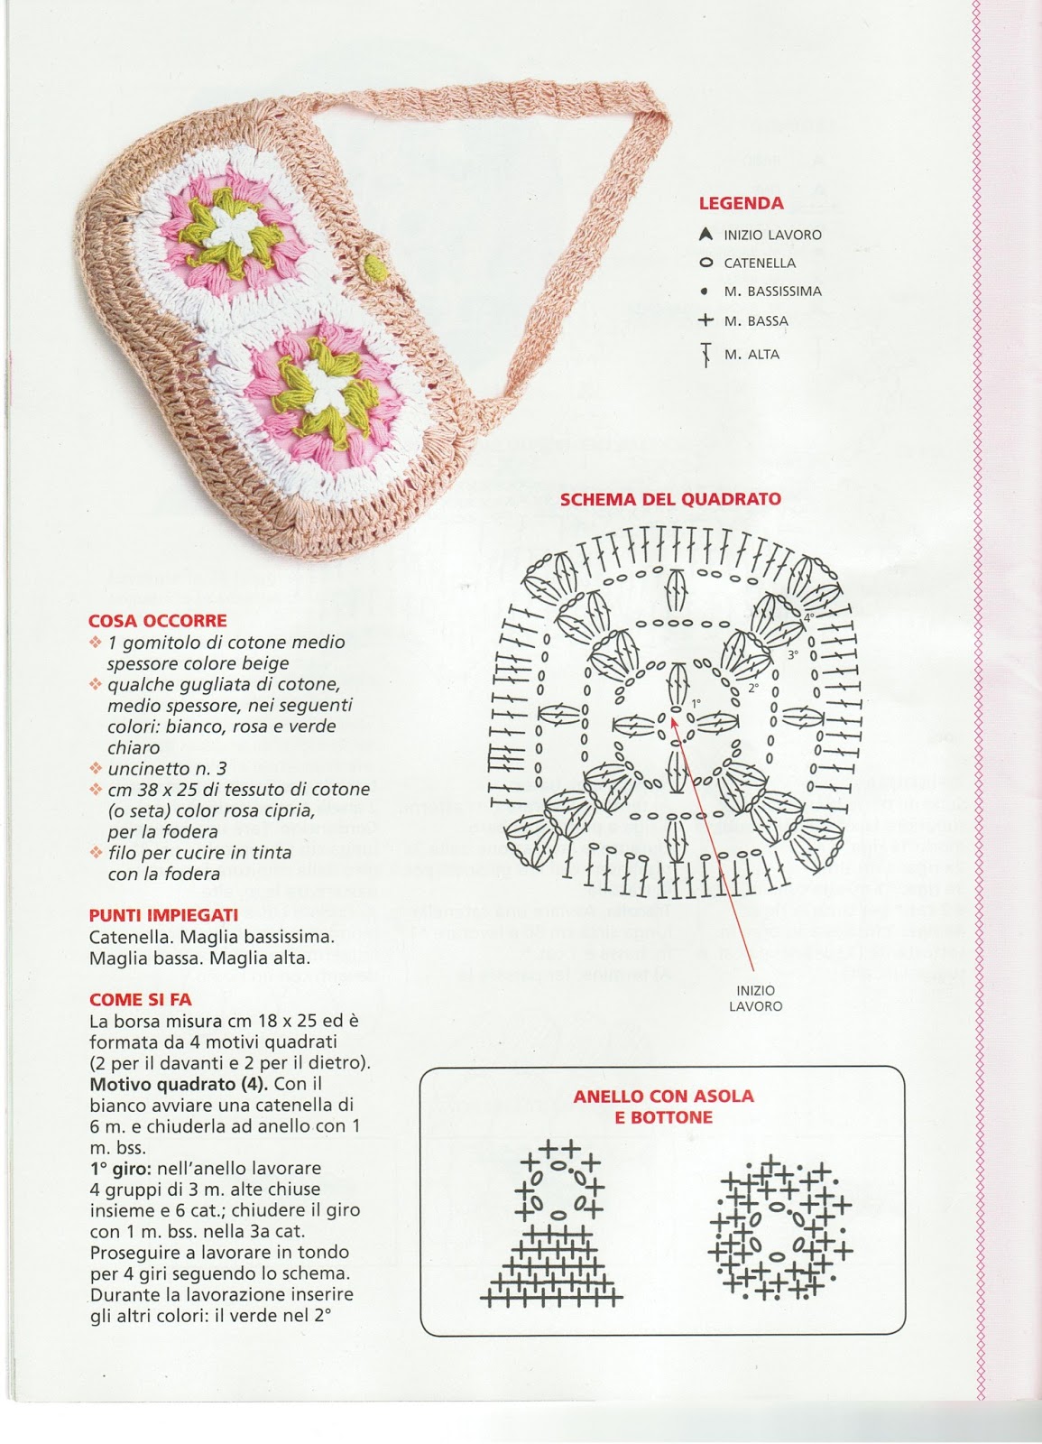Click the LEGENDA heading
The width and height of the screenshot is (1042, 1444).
pyautogui.click(x=741, y=204)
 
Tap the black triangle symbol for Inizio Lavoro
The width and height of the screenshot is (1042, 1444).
pyautogui.click(x=705, y=235)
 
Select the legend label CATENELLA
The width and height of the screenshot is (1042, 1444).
pyautogui.click(x=760, y=264)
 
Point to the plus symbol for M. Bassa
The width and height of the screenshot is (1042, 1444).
pyautogui.click(x=705, y=320)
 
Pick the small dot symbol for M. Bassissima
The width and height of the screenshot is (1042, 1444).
pyautogui.click(x=704, y=292)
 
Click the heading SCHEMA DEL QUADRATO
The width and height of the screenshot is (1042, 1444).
pyautogui.click(x=670, y=499)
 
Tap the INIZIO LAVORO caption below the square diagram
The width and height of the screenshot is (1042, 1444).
pyautogui.click(x=756, y=998)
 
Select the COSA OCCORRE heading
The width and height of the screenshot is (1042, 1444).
pyautogui.click(x=158, y=621)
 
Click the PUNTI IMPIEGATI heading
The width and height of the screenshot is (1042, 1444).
pyautogui.click(x=163, y=915)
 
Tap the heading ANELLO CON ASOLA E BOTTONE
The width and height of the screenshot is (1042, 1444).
pyautogui.click(x=663, y=1106)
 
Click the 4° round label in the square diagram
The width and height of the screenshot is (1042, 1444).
pyautogui.click(x=809, y=617)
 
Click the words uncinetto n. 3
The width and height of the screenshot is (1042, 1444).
pyautogui.click(x=167, y=769)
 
